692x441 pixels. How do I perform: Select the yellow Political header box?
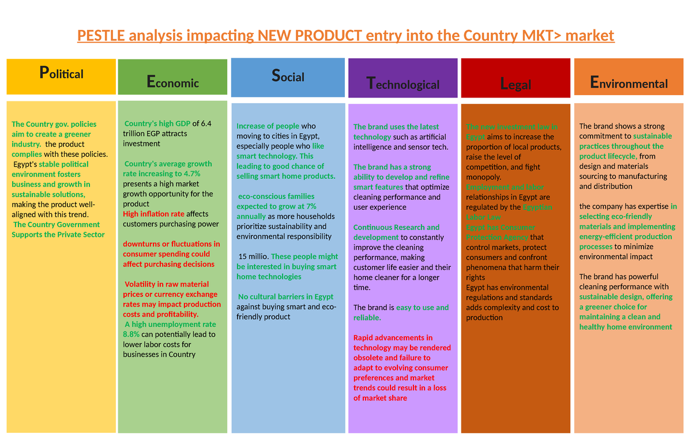coord(61,76)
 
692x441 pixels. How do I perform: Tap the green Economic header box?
coord(172,77)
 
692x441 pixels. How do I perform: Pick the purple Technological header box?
coord(403,78)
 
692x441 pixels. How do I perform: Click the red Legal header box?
coord(516,78)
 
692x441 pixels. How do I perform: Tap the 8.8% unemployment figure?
coord(132,334)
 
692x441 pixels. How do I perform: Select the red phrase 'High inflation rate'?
coord(153,214)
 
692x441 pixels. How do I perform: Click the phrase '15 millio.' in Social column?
coord(253,257)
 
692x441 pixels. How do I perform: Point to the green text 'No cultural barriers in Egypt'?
coord(286,297)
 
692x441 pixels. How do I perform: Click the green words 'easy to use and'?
coord(422,307)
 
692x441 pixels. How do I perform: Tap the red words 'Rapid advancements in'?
coord(393,338)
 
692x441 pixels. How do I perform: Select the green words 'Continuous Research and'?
coord(396,227)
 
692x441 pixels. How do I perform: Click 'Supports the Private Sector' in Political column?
coord(58,235)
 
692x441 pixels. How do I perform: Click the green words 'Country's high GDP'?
coord(157,123)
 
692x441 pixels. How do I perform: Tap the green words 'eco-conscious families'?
coord(276,197)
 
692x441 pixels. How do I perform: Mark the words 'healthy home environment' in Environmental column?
coord(626,327)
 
